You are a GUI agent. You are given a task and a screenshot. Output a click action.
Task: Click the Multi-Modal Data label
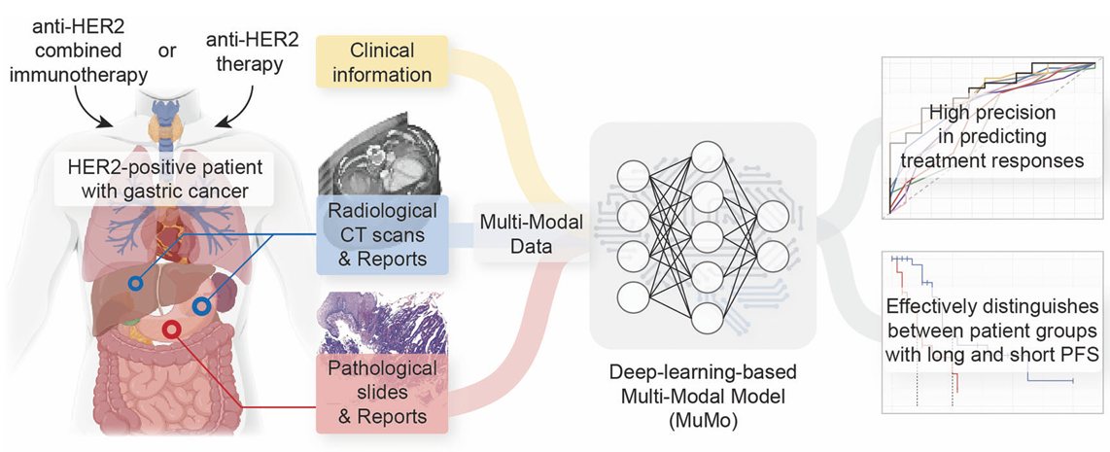532,234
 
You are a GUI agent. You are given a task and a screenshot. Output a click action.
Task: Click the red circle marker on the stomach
172,329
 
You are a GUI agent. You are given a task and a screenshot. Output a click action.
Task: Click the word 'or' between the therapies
167,50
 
